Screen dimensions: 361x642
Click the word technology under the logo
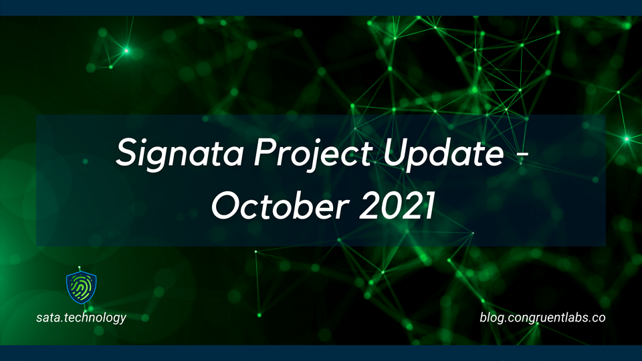coord(94,318)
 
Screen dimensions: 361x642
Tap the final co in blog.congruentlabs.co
coord(599,318)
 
